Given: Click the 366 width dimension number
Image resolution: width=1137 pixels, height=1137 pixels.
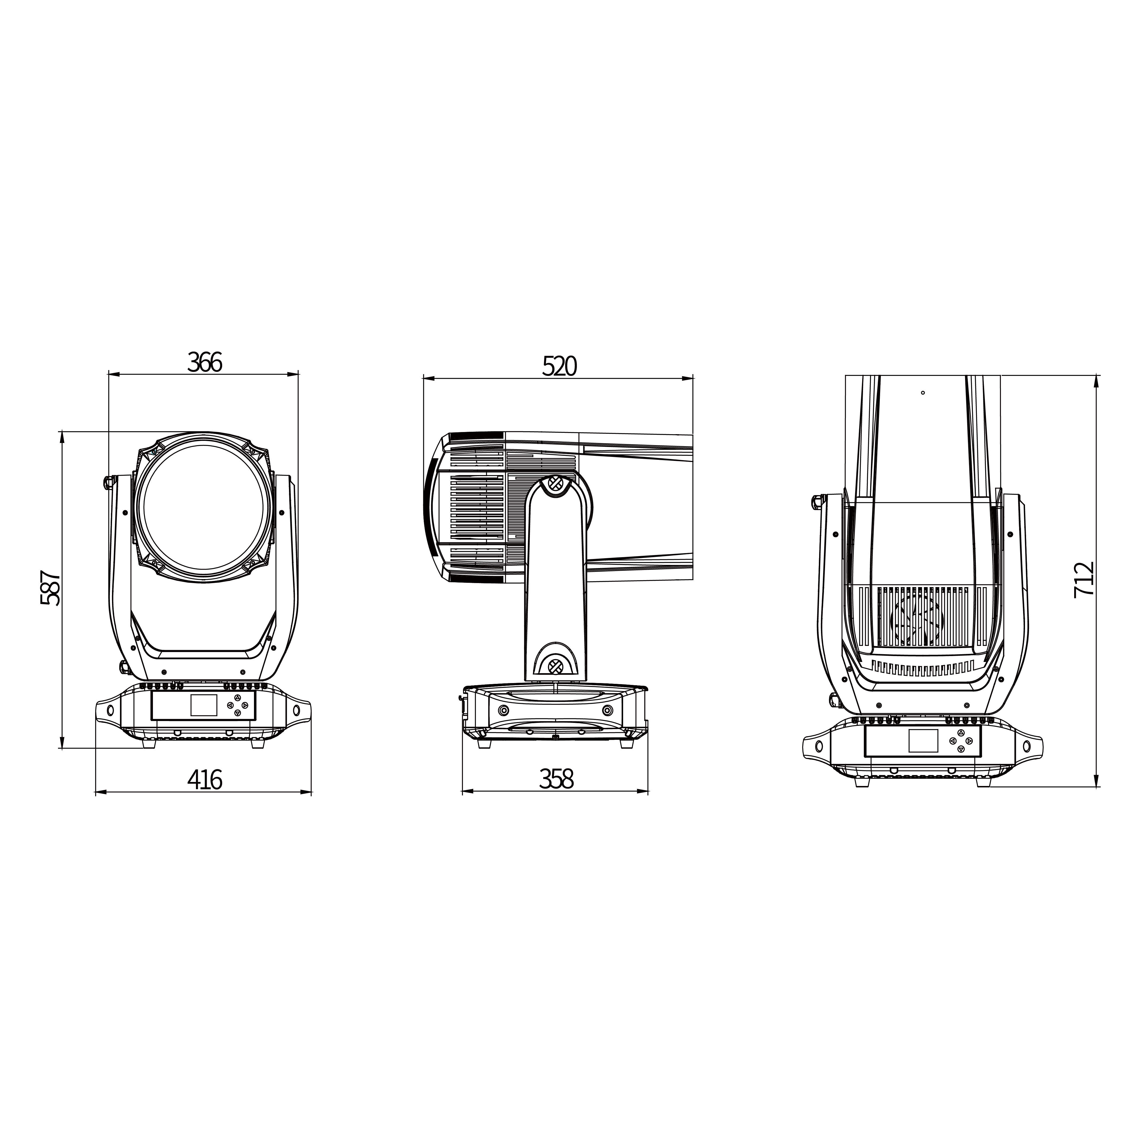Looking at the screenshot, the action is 205,363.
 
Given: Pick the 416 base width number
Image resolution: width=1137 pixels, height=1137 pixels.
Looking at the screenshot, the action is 205,780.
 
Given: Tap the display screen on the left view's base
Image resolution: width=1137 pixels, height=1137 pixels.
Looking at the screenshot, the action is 204,704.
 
